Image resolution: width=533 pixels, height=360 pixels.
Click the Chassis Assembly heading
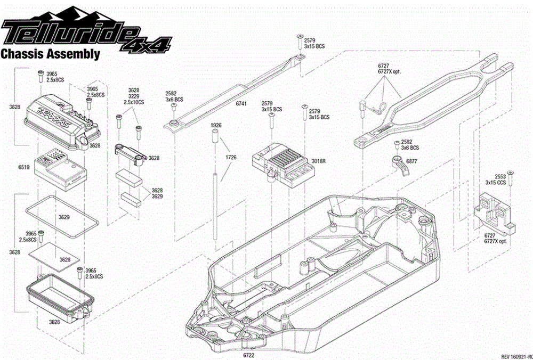point(51,54)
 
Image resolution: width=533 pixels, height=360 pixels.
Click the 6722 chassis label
point(248,355)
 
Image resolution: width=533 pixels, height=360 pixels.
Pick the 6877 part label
point(411,161)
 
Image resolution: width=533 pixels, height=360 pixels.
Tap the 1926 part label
point(216,125)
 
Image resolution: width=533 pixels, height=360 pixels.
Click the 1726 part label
point(231,158)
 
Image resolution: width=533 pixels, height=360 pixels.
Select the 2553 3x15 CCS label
point(496,178)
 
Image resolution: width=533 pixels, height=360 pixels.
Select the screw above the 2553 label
point(511,174)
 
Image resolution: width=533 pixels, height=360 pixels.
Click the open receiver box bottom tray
point(59,296)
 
